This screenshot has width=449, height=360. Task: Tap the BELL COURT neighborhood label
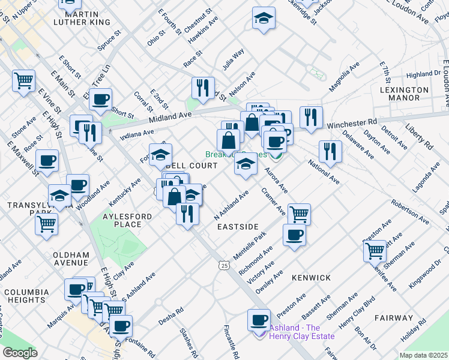[x=187, y=165]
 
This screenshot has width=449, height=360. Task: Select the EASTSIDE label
[x=238, y=227]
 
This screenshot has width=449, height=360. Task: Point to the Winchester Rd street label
[x=353, y=124]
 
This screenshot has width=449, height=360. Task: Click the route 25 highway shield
[x=224, y=265]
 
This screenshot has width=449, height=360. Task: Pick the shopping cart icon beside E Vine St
[x=23, y=79]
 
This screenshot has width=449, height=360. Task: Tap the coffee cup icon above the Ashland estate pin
[x=259, y=319]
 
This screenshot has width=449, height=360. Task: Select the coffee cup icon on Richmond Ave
[x=294, y=235]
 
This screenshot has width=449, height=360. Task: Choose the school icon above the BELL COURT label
[x=160, y=154]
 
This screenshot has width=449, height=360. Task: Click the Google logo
[x=20, y=353]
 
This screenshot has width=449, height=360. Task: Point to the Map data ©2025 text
[x=423, y=355]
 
